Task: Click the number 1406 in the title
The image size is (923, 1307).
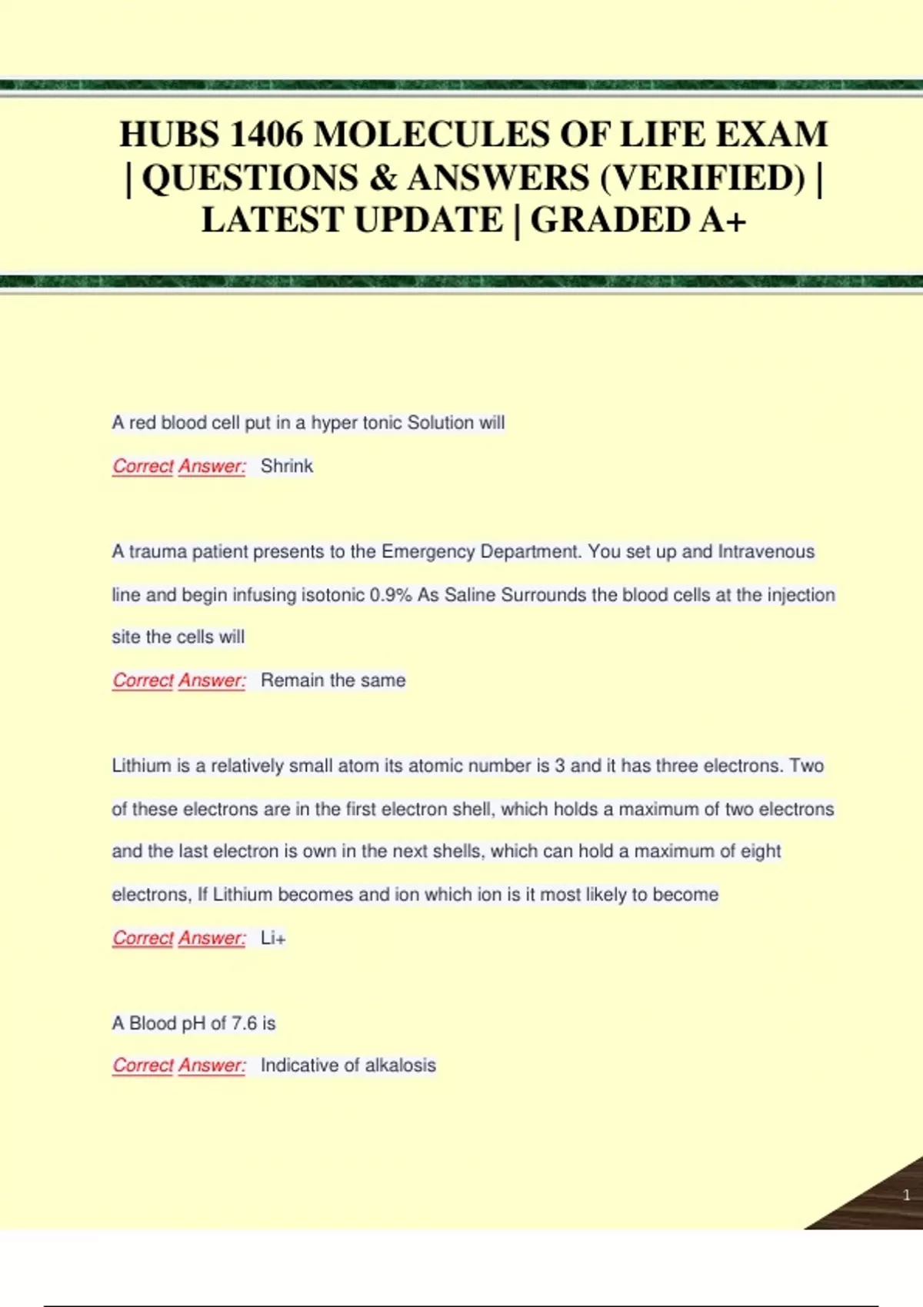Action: [x=266, y=135]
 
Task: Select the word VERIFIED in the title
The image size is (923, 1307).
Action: [x=701, y=178]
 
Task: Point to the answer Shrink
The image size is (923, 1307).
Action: [x=287, y=466]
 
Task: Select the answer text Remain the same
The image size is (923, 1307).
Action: [x=333, y=680]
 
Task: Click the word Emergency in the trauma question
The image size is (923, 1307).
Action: [x=428, y=552]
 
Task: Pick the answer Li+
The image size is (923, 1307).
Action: [x=273, y=938]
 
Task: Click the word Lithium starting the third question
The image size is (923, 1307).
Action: [x=142, y=766]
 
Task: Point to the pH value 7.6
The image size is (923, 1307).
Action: [x=244, y=1023]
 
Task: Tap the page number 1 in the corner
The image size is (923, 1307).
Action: [x=906, y=1195]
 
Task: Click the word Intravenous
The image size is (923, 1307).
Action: [x=766, y=552]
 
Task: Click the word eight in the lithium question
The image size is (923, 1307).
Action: [x=761, y=851]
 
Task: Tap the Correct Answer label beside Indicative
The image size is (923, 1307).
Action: [x=179, y=1066]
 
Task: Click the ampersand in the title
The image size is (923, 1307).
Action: [x=382, y=178]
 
